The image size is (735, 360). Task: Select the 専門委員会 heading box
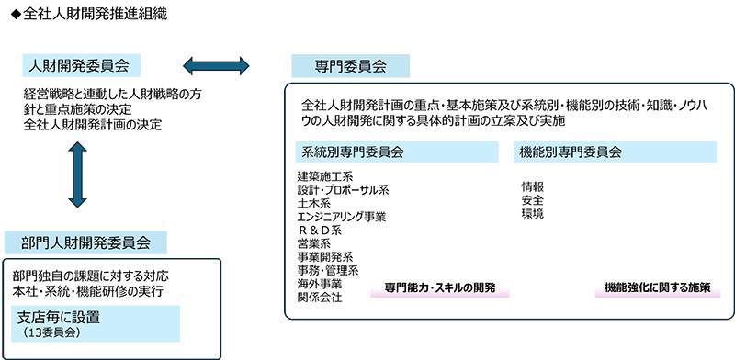pos(350,65)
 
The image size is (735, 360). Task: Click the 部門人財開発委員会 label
pos(85,242)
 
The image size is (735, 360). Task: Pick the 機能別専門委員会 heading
pos(571,151)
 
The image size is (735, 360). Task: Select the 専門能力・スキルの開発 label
pos(440,287)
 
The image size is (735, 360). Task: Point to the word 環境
pos(532,213)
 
